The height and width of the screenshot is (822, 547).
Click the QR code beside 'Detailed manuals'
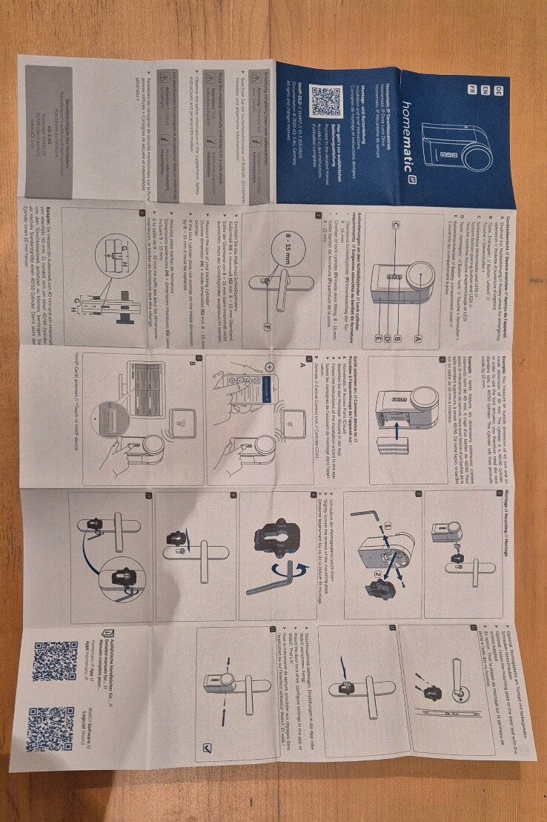click(55, 661)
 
